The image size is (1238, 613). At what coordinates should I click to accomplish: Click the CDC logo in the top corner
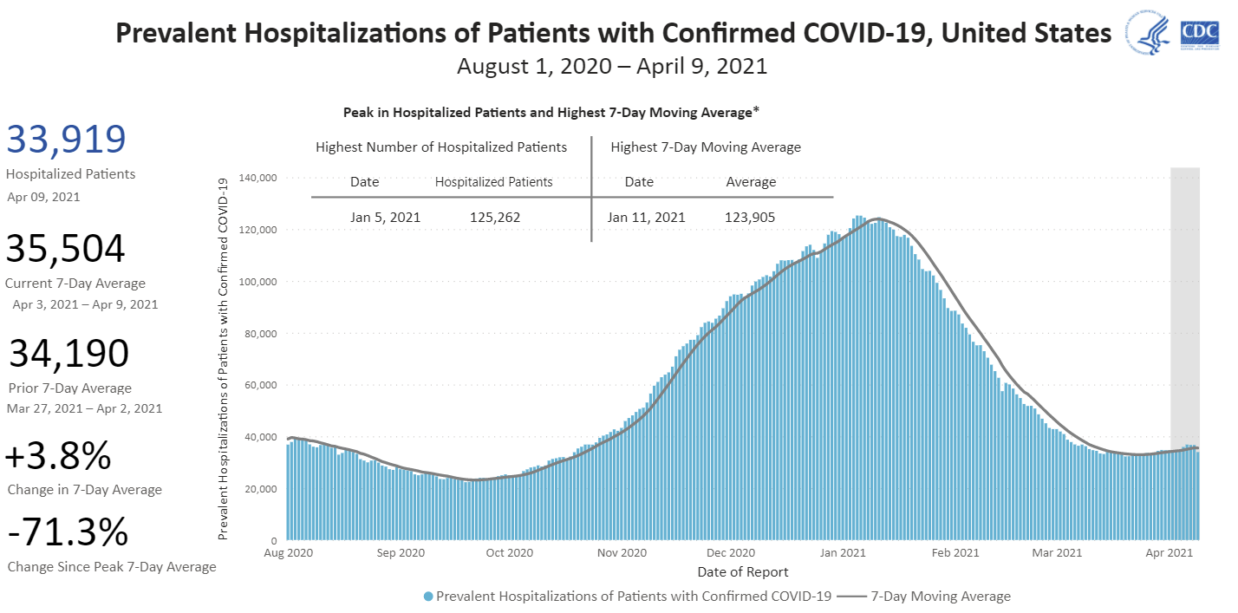[x=1199, y=34]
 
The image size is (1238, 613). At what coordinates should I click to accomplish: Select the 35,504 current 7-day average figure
[x=66, y=250]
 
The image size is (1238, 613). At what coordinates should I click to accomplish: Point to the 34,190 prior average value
[x=69, y=354]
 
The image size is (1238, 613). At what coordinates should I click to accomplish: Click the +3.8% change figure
[x=59, y=456]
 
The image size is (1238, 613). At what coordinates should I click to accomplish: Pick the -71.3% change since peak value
[x=68, y=532]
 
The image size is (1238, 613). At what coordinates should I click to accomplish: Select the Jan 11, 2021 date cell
[x=646, y=217]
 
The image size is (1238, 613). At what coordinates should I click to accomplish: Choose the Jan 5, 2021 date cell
[x=385, y=217]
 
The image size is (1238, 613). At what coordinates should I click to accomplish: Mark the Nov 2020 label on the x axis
[x=622, y=552]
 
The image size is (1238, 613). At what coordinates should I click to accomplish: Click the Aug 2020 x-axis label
[x=287, y=552]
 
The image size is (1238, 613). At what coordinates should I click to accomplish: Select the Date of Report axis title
[x=743, y=572]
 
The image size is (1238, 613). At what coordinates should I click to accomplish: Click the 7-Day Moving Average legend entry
[x=940, y=597]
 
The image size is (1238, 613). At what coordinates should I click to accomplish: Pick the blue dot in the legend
[x=428, y=597]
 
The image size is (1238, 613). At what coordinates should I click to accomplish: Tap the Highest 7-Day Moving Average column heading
[x=706, y=147]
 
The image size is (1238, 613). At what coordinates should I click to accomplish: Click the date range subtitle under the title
[x=612, y=66]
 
